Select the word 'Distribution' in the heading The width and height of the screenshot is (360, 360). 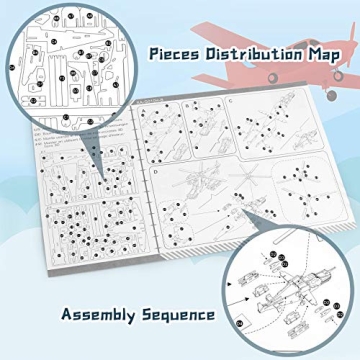click(250, 54)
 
